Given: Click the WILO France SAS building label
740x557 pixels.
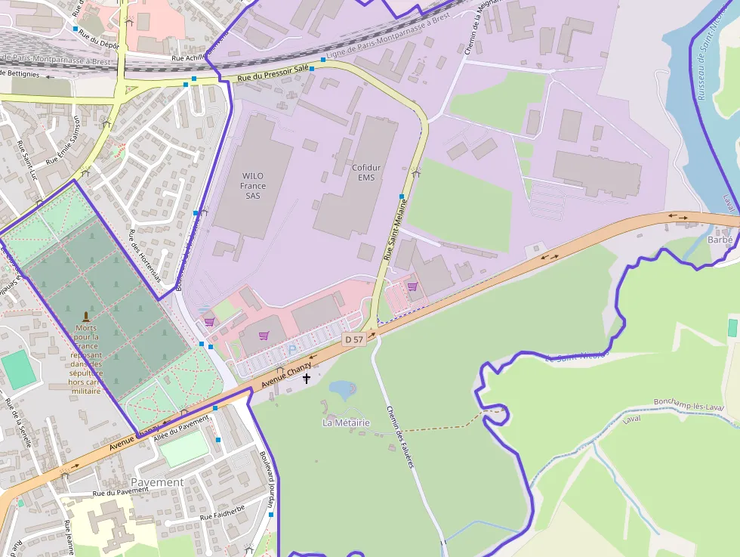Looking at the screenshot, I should [x=252, y=185].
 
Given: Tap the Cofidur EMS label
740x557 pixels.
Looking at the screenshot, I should [x=363, y=172].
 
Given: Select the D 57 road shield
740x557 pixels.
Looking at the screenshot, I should [x=353, y=340].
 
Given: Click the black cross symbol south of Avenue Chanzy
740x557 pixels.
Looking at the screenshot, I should [x=307, y=378].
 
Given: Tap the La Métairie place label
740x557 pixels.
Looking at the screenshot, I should [x=347, y=422].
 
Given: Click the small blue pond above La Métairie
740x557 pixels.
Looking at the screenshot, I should [x=342, y=390].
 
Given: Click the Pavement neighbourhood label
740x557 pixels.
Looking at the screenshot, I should [x=157, y=482].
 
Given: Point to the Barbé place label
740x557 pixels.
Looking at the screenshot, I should [x=720, y=239].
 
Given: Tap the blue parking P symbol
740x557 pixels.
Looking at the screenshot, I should [x=292, y=350].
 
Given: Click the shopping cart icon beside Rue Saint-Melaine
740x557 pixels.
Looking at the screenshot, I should [x=412, y=286].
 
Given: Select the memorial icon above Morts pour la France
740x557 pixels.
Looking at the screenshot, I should [x=85, y=315].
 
